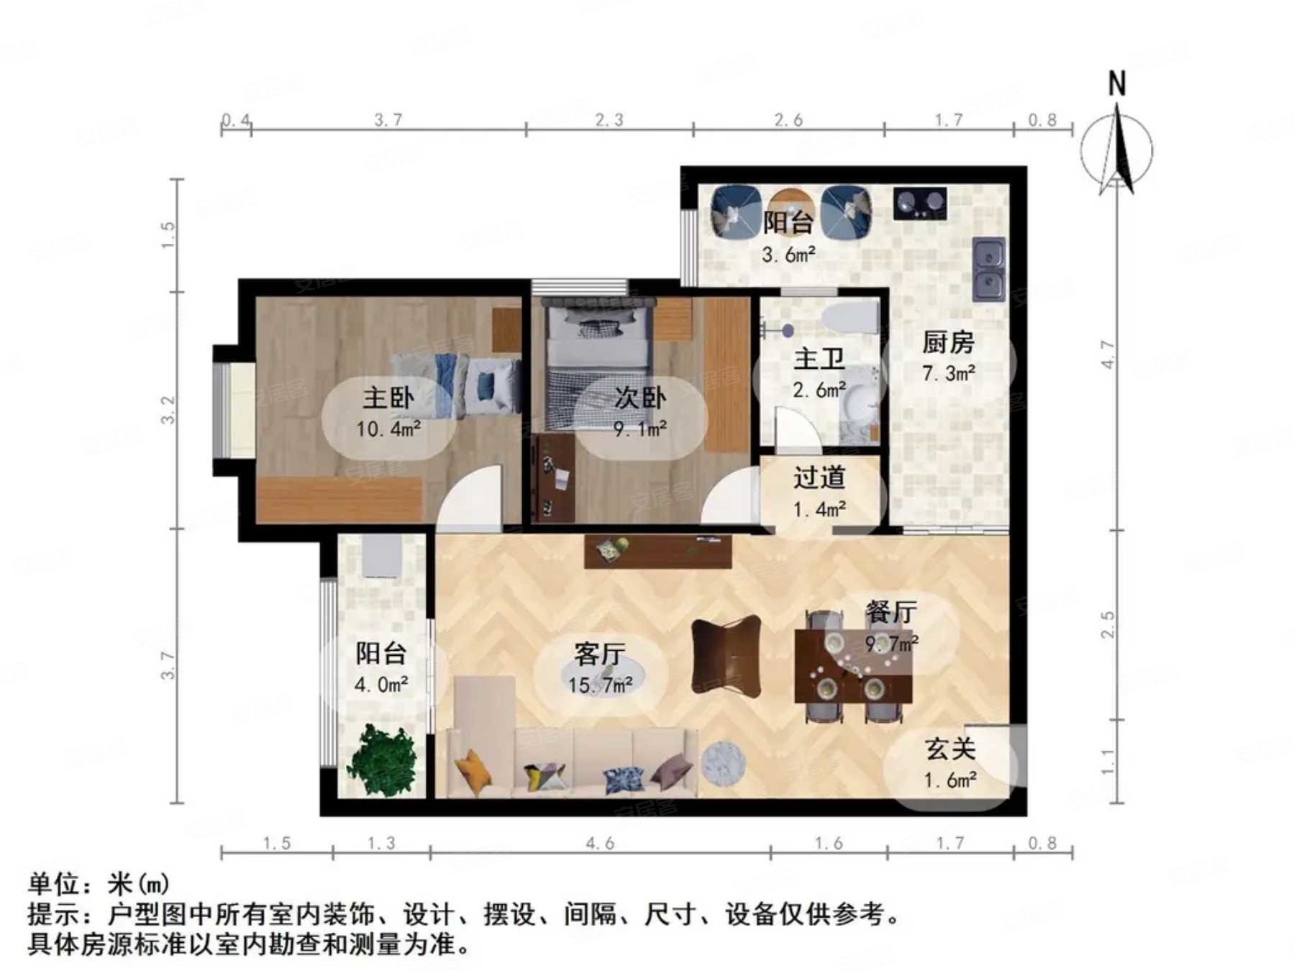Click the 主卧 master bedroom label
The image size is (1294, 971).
tap(388, 398)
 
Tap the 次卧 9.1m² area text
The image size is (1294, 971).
tap(639, 429)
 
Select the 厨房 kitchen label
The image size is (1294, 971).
tap(948, 342)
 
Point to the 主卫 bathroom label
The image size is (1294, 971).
tap(819, 359)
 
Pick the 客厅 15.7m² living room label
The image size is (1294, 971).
tap(600, 669)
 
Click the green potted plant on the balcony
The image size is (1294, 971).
tap(382, 760)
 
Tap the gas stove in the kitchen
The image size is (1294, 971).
tap(920, 203)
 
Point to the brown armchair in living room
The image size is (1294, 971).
tap(725, 656)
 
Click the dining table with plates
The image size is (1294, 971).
tap(852, 666)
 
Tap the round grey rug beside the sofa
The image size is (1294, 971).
tap(722, 764)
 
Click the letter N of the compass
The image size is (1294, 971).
tap(1116, 84)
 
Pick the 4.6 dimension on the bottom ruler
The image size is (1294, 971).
tap(599, 842)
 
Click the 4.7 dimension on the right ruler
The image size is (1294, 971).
tap(1108, 355)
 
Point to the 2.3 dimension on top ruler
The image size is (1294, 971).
tap(609, 119)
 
